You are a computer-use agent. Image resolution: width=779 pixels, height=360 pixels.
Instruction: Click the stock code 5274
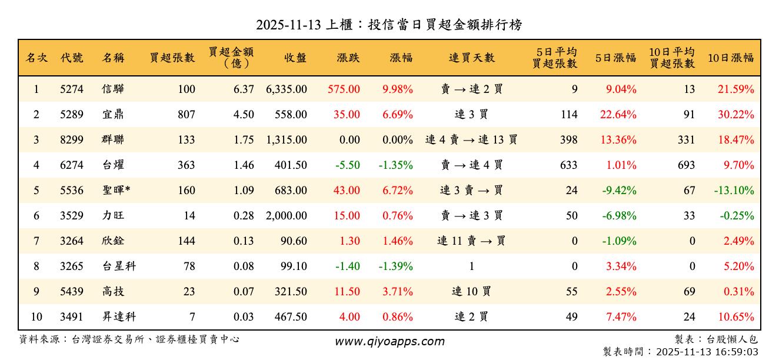72,89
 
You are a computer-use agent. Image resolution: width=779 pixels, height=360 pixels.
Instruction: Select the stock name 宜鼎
113,115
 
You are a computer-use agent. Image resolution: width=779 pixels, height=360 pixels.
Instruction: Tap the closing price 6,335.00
287,89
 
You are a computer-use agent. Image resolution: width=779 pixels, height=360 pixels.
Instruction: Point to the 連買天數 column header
472,58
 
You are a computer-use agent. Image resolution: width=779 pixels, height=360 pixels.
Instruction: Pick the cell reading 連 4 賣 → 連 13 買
471,140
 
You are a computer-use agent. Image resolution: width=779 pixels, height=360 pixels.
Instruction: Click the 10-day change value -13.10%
734,191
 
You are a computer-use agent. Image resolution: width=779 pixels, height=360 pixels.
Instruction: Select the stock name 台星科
119,266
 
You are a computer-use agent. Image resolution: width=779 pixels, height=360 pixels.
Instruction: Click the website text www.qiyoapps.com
389,341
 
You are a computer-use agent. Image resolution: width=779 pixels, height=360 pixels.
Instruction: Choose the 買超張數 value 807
186,115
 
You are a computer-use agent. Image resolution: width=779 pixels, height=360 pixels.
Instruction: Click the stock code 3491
72,317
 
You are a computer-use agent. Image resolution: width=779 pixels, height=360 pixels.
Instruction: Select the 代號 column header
72,58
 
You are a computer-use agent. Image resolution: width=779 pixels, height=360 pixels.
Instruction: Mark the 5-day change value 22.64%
618,115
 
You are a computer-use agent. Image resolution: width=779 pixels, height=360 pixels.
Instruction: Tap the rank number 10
36,317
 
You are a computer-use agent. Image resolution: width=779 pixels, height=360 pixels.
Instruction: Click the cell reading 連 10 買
471,292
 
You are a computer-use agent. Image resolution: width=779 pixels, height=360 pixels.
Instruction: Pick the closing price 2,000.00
287,216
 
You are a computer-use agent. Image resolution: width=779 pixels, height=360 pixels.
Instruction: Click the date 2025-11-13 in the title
288,25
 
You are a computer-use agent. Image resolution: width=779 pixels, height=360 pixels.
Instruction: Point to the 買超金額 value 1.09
244,191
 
